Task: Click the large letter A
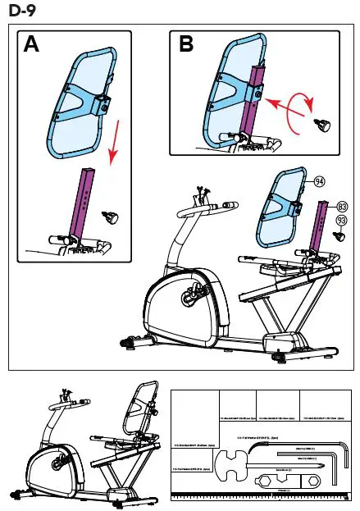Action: (32, 44)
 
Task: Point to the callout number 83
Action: (342, 205)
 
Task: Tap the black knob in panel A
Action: (110, 218)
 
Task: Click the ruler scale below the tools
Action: (262, 496)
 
